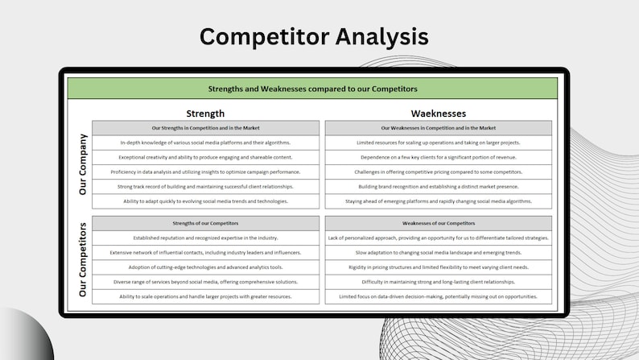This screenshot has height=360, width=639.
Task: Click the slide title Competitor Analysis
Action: (x=314, y=36)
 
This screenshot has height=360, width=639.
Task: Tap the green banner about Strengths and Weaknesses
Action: (x=313, y=88)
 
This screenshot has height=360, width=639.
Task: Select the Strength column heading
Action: (x=205, y=114)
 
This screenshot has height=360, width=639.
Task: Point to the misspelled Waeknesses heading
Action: (x=439, y=114)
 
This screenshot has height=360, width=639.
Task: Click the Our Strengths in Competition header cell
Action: (x=205, y=128)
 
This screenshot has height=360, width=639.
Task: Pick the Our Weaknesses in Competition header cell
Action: (x=439, y=128)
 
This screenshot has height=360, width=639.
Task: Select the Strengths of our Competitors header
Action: (x=205, y=223)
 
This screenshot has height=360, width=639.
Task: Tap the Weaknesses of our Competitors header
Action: (x=439, y=223)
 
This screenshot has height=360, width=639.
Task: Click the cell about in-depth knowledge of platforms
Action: (x=205, y=143)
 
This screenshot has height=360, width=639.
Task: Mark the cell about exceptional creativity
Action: (x=205, y=157)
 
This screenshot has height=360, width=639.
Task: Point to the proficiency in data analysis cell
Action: (x=205, y=172)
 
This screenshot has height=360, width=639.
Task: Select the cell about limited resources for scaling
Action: (x=439, y=143)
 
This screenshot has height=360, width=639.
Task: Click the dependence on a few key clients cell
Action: (x=439, y=157)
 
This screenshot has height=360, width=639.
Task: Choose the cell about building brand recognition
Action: (x=439, y=187)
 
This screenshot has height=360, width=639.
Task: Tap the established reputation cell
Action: (x=205, y=238)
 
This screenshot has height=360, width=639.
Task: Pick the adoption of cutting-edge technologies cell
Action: (x=205, y=267)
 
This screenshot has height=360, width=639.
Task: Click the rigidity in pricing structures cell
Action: (x=439, y=267)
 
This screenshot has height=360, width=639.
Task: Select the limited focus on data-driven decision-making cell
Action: (x=439, y=296)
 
